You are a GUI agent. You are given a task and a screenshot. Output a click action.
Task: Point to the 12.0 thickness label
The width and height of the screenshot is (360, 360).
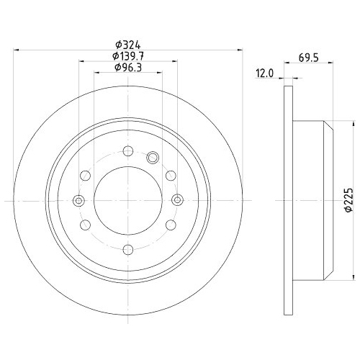point(266,73)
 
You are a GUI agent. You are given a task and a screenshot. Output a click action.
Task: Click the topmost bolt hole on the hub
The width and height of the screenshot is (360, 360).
point(128,150)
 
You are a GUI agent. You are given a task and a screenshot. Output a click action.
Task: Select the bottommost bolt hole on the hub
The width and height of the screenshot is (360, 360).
point(128,249)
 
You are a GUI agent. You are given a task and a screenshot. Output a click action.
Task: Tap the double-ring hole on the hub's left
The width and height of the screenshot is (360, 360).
point(79,200)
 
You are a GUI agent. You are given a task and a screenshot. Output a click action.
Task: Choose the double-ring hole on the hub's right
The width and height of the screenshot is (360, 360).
point(177,200)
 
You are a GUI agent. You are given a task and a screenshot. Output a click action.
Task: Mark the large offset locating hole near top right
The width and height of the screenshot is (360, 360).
point(152,158)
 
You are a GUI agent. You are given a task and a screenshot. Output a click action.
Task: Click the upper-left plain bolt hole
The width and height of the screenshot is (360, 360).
point(86,175)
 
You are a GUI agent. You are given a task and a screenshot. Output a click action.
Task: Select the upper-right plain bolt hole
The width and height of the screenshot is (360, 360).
point(171,175)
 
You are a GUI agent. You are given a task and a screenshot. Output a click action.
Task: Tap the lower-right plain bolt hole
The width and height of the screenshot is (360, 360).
point(171,225)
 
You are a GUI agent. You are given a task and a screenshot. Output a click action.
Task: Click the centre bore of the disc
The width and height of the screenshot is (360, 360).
point(128,200)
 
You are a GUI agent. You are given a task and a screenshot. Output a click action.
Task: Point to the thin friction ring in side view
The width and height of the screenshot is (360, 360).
point(289,199)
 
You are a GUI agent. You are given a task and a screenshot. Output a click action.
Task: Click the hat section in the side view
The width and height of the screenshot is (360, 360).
point(313,199)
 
